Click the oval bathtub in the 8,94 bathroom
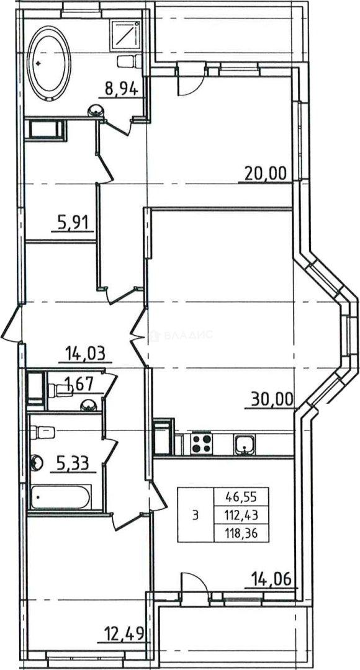(x=49, y=63)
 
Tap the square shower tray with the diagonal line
(x=126, y=37)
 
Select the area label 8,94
(x=122, y=89)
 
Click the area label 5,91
(x=72, y=222)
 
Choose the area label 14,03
(x=85, y=354)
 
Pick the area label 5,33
(x=73, y=462)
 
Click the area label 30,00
(x=272, y=400)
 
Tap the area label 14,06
(x=271, y=579)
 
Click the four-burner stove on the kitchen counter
(x=202, y=444)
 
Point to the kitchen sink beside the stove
(x=244, y=444)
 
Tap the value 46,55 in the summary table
(x=241, y=497)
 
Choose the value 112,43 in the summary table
(x=241, y=516)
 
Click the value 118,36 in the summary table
(x=241, y=534)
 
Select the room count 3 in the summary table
(x=196, y=516)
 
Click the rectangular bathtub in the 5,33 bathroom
(x=60, y=497)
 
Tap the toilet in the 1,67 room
(x=60, y=390)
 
